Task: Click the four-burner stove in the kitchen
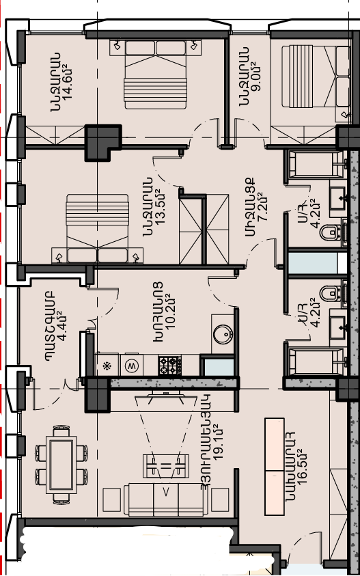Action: point(169,365)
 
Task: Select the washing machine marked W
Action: point(130,365)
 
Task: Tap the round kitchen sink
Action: point(223,334)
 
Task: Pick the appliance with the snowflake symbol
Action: point(107,365)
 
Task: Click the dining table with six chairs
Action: point(61,465)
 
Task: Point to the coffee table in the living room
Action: point(166,466)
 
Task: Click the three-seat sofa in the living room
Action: point(166,499)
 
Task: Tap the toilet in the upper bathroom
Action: point(333,232)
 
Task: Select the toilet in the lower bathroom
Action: point(333,293)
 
